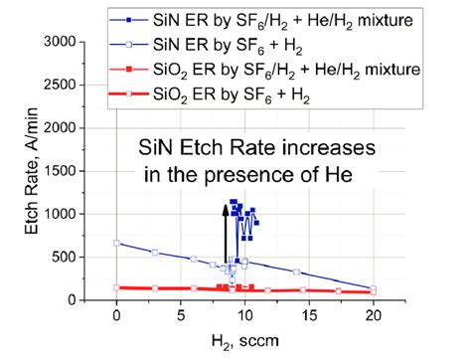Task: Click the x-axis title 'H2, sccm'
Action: pos(245,343)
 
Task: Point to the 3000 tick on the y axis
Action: pos(85,42)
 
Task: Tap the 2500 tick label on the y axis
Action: pos(85,86)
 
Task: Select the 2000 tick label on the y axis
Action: pos(85,128)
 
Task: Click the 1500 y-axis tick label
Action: pos(85,171)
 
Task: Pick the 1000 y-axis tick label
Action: pos(85,214)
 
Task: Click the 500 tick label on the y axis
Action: pos(91,257)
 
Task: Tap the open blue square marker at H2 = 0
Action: pos(117,243)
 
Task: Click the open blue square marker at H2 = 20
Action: pos(374,288)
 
